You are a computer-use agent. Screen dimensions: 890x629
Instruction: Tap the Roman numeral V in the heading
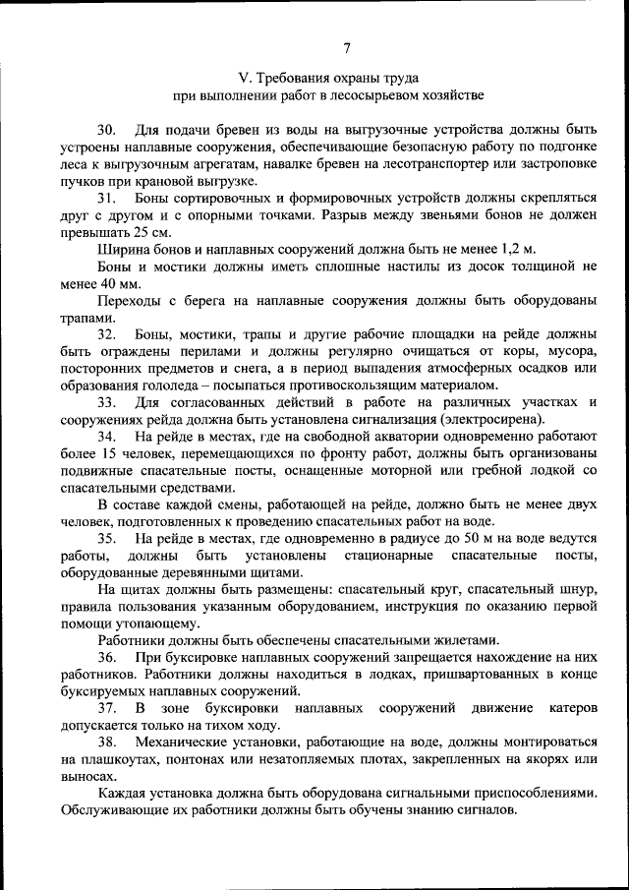coord(245,77)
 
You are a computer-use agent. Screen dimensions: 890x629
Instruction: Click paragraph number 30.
coord(106,130)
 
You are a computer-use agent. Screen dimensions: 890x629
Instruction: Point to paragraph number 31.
coord(106,199)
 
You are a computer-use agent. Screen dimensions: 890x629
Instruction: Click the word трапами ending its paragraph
coord(85,318)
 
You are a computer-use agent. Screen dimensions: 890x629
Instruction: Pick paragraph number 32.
coord(106,334)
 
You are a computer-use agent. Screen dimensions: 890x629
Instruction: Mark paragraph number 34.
coord(106,437)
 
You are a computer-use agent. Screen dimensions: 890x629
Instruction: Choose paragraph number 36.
coord(106,659)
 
